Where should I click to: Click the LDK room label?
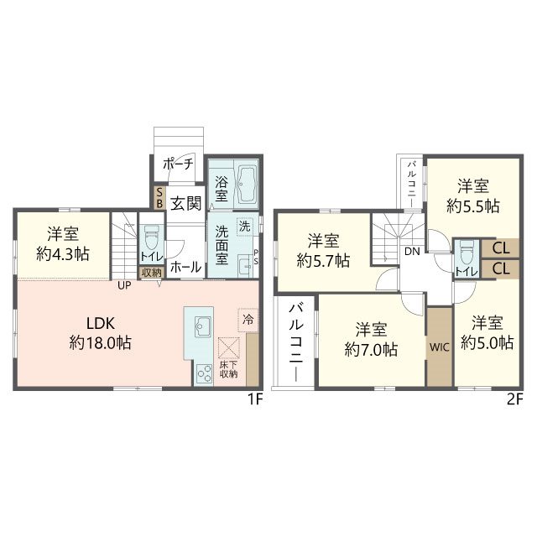tap(101, 323)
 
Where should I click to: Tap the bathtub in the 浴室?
tap(247, 185)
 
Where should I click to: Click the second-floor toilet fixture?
tap(467, 252)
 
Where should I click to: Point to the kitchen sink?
tap(203, 326)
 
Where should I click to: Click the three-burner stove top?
tap(204, 373)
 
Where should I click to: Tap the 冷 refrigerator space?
tap(248, 320)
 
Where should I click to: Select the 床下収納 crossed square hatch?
tap(229, 347)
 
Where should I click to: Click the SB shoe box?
tap(159, 198)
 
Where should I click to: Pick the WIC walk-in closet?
tap(440, 347)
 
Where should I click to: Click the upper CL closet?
tap(500, 248)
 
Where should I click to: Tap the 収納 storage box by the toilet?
tap(151, 273)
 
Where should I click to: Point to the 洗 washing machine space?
tap(244, 226)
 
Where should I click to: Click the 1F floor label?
tap(255, 399)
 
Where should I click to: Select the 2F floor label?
tap(515, 399)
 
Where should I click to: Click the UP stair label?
tap(124, 285)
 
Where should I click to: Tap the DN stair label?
tap(412, 252)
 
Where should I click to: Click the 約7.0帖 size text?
tap(371, 350)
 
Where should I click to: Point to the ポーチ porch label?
tap(178, 164)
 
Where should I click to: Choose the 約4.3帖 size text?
tap(63, 254)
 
